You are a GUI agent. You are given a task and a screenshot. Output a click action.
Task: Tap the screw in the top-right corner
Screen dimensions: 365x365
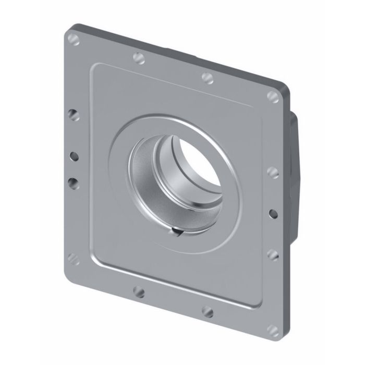point(273,96)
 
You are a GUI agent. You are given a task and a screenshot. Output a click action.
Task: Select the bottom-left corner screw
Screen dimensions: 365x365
point(74,258)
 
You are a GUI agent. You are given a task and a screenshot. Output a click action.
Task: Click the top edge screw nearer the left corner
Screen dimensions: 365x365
point(139,57)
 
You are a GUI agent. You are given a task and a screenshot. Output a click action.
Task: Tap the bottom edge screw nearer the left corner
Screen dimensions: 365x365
point(139,291)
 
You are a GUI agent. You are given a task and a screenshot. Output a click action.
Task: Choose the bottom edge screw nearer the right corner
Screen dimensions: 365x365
point(208,312)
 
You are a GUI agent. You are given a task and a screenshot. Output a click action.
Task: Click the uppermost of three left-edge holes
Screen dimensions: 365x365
point(74,115)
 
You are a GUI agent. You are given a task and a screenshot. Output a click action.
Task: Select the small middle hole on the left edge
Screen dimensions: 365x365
point(74,155)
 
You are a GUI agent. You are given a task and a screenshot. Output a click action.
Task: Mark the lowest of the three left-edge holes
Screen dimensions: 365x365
point(73,182)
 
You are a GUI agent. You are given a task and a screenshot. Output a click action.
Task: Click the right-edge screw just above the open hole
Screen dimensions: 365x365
point(273,172)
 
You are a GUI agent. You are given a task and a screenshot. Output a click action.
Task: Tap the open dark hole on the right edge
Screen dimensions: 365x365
point(272,213)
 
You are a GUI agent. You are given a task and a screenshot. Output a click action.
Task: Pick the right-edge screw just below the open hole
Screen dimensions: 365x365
point(272,254)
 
